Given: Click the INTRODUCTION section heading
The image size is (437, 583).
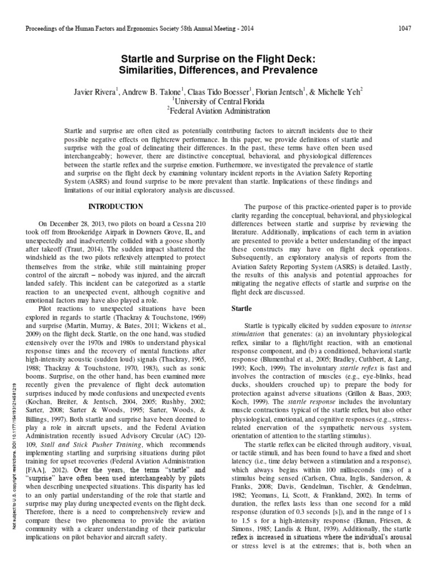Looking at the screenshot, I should pyautogui.click(x=118, y=206).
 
